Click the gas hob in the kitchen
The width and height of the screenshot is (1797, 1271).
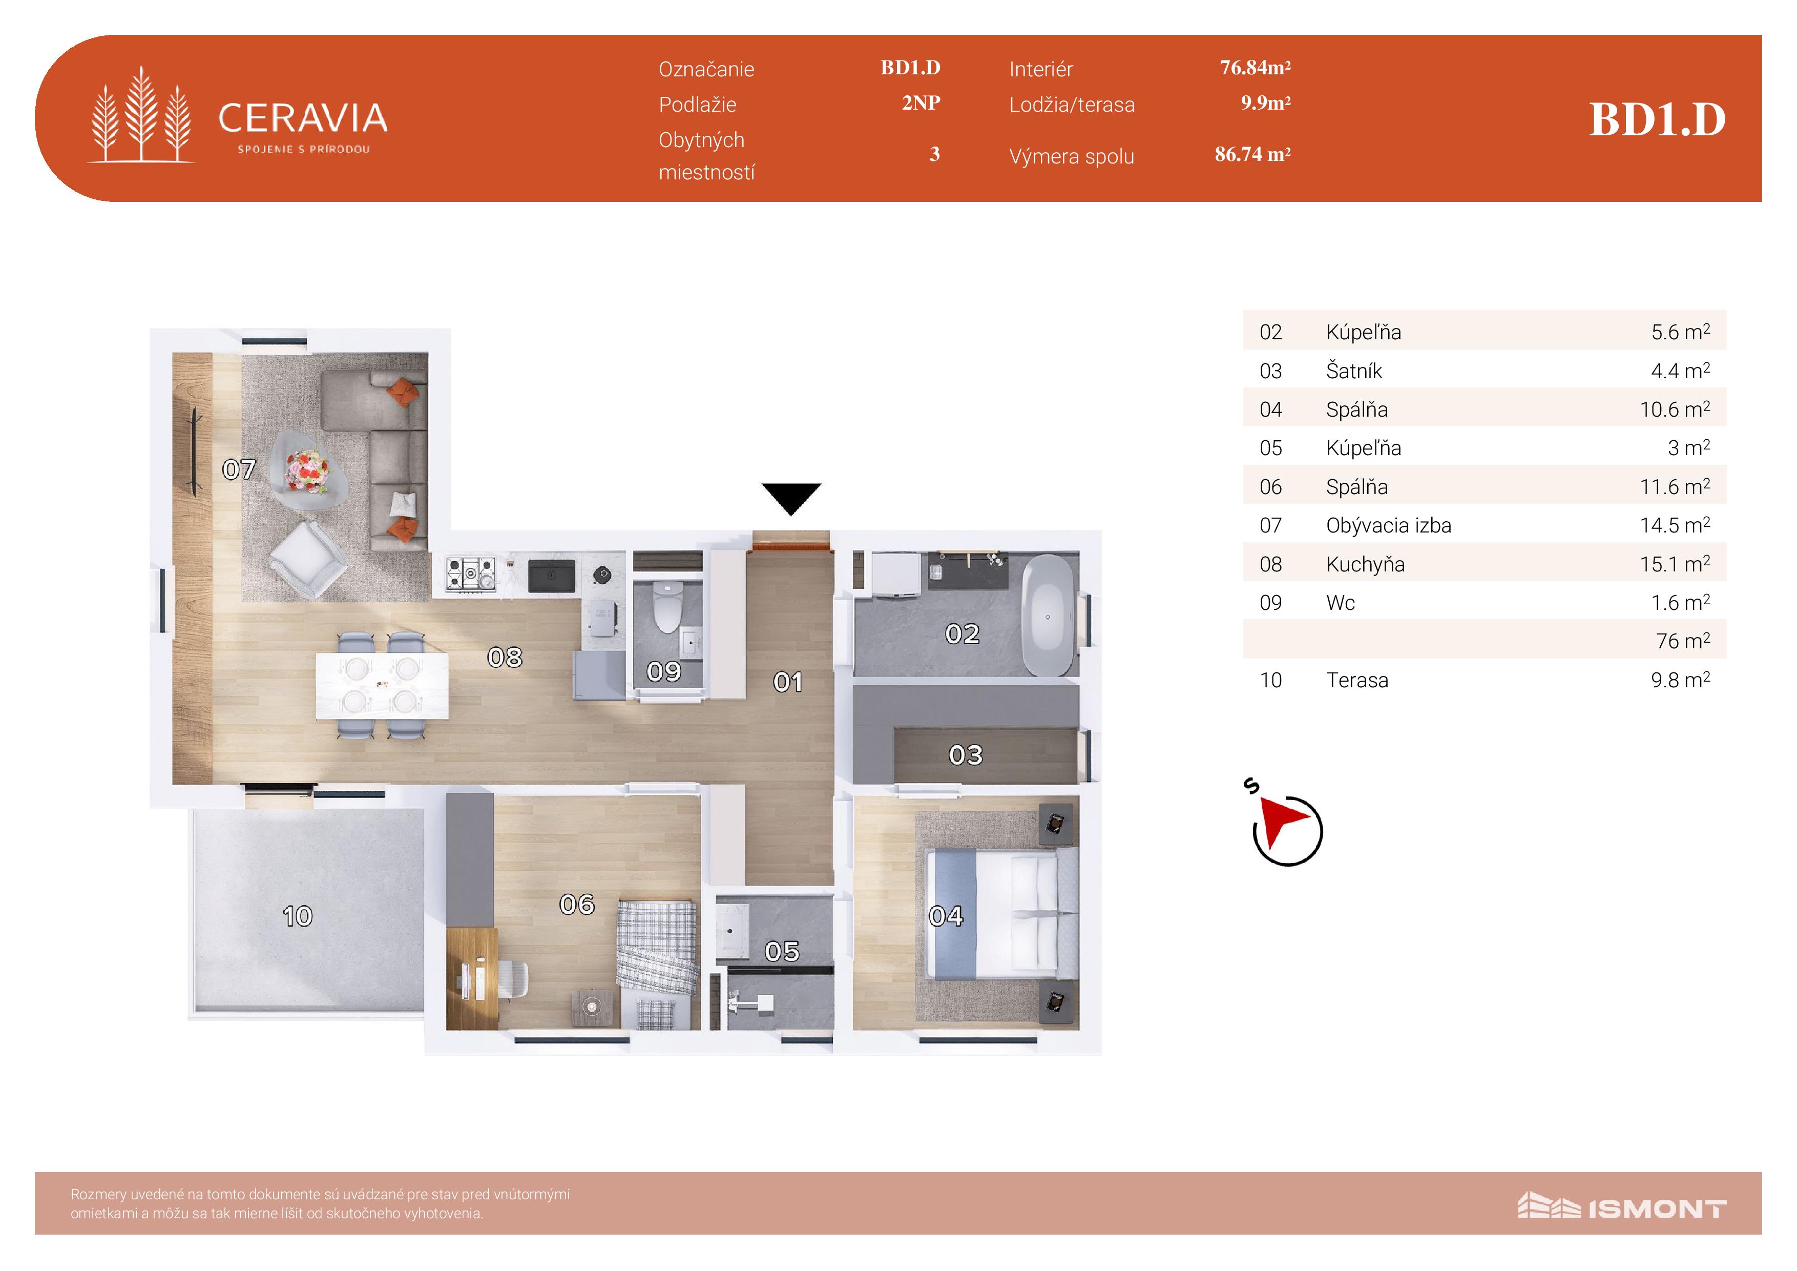click(x=470, y=573)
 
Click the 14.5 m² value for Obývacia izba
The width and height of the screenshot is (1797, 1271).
click(x=1675, y=525)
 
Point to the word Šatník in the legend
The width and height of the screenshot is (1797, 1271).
click(x=1354, y=371)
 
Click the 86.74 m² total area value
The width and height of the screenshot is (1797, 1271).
click(x=1252, y=154)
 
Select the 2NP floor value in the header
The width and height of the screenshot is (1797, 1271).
click(x=921, y=102)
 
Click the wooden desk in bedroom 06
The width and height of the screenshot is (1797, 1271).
click(x=472, y=977)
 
